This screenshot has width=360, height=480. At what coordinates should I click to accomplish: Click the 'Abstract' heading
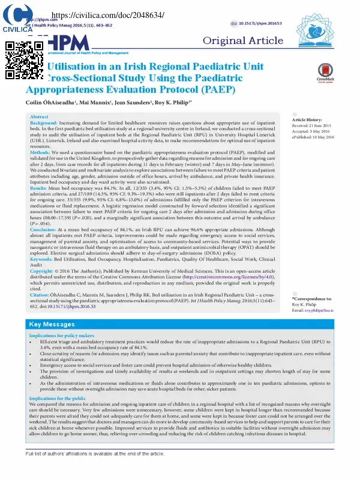click(x=39, y=116)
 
